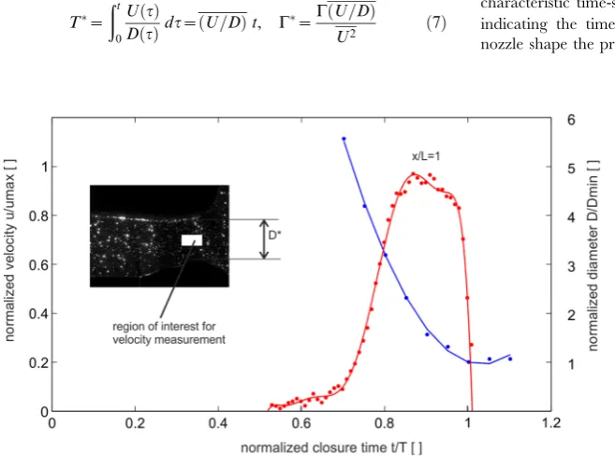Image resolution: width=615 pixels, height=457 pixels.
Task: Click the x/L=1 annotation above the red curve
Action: (x=426, y=156)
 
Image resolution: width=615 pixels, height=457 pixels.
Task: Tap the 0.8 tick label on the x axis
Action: (x=385, y=423)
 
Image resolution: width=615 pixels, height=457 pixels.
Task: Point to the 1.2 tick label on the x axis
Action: (x=551, y=423)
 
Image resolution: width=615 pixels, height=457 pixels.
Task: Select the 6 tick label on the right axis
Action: (x=571, y=120)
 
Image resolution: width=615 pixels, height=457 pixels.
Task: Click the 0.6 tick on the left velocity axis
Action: (x=38, y=265)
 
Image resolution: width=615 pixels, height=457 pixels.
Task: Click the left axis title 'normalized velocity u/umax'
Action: (x=9, y=250)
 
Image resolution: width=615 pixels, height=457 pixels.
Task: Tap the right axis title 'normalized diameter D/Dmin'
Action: (x=593, y=256)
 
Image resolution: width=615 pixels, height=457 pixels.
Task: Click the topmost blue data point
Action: (x=344, y=139)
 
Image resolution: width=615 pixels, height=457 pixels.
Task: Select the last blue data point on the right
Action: (x=510, y=359)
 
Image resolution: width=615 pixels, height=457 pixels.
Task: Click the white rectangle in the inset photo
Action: (x=192, y=241)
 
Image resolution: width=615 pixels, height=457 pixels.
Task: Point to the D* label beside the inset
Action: (x=274, y=235)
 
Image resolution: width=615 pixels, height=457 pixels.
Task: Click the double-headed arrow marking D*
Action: (x=264, y=240)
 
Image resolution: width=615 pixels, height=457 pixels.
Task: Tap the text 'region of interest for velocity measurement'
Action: (x=169, y=333)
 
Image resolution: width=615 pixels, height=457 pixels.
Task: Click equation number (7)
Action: (x=436, y=23)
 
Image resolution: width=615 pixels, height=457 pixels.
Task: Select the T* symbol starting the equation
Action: (x=79, y=23)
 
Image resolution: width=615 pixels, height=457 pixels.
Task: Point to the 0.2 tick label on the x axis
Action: (x=135, y=423)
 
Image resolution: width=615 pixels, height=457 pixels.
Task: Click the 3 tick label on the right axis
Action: (x=571, y=267)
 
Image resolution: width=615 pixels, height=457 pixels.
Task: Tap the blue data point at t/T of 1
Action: (x=468, y=362)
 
